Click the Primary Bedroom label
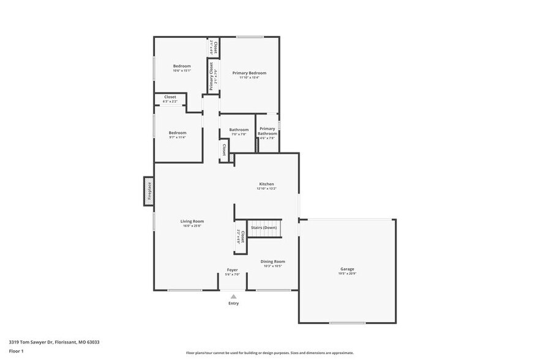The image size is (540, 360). pos(249,73)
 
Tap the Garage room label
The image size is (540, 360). pos(347,269)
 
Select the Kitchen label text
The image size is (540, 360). pos(266,184)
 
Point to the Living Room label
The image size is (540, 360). pos(192,221)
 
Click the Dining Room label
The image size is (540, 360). pos(272,261)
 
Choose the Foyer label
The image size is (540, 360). pos(232,269)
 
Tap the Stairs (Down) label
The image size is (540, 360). pos(264,228)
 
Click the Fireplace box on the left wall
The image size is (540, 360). pos(148,191)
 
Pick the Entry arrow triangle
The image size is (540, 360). pos(233,296)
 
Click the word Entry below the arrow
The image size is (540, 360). pos(233,303)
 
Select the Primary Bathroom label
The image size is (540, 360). pos(267,131)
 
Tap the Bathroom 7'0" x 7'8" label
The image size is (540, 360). pos(239,130)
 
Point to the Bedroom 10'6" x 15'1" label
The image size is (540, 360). pos(182,66)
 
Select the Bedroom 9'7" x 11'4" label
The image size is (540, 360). pos(178,133)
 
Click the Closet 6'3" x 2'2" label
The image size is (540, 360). pos(170,97)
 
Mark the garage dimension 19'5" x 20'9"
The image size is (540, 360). pos(347,274)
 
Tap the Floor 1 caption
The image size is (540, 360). pos(16,351)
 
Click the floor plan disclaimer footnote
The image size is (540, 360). pos(269,353)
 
